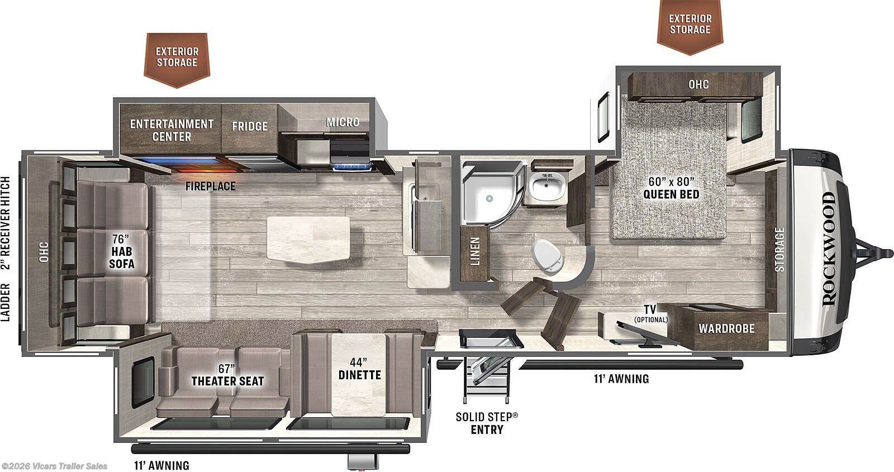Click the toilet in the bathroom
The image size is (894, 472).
pyautogui.click(x=547, y=256)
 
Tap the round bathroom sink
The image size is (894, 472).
pyautogui.click(x=548, y=187)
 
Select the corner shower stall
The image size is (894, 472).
pyautogui.click(x=492, y=194)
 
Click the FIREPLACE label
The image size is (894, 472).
pyautogui.click(x=210, y=186)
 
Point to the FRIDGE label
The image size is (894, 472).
pyautogui.click(x=250, y=126)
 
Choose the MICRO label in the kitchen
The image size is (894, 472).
pyautogui.click(x=343, y=122)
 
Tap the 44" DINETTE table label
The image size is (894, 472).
pyautogui.click(x=360, y=369)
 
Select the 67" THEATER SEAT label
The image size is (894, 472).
pyautogui.click(x=227, y=375)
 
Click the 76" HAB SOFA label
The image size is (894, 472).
pyautogui.click(x=121, y=251)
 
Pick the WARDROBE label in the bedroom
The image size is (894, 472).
pyautogui.click(x=726, y=328)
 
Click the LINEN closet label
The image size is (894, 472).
pyautogui.click(x=474, y=251)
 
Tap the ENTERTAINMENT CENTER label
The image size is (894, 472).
pyautogui.click(x=172, y=130)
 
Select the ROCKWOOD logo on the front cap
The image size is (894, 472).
pyautogui.click(x=829, y=249)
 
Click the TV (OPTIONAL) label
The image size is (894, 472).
pyautogui.click(x=650, y=313)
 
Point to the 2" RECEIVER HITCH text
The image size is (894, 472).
pyautogui.click(x=6, y=223)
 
